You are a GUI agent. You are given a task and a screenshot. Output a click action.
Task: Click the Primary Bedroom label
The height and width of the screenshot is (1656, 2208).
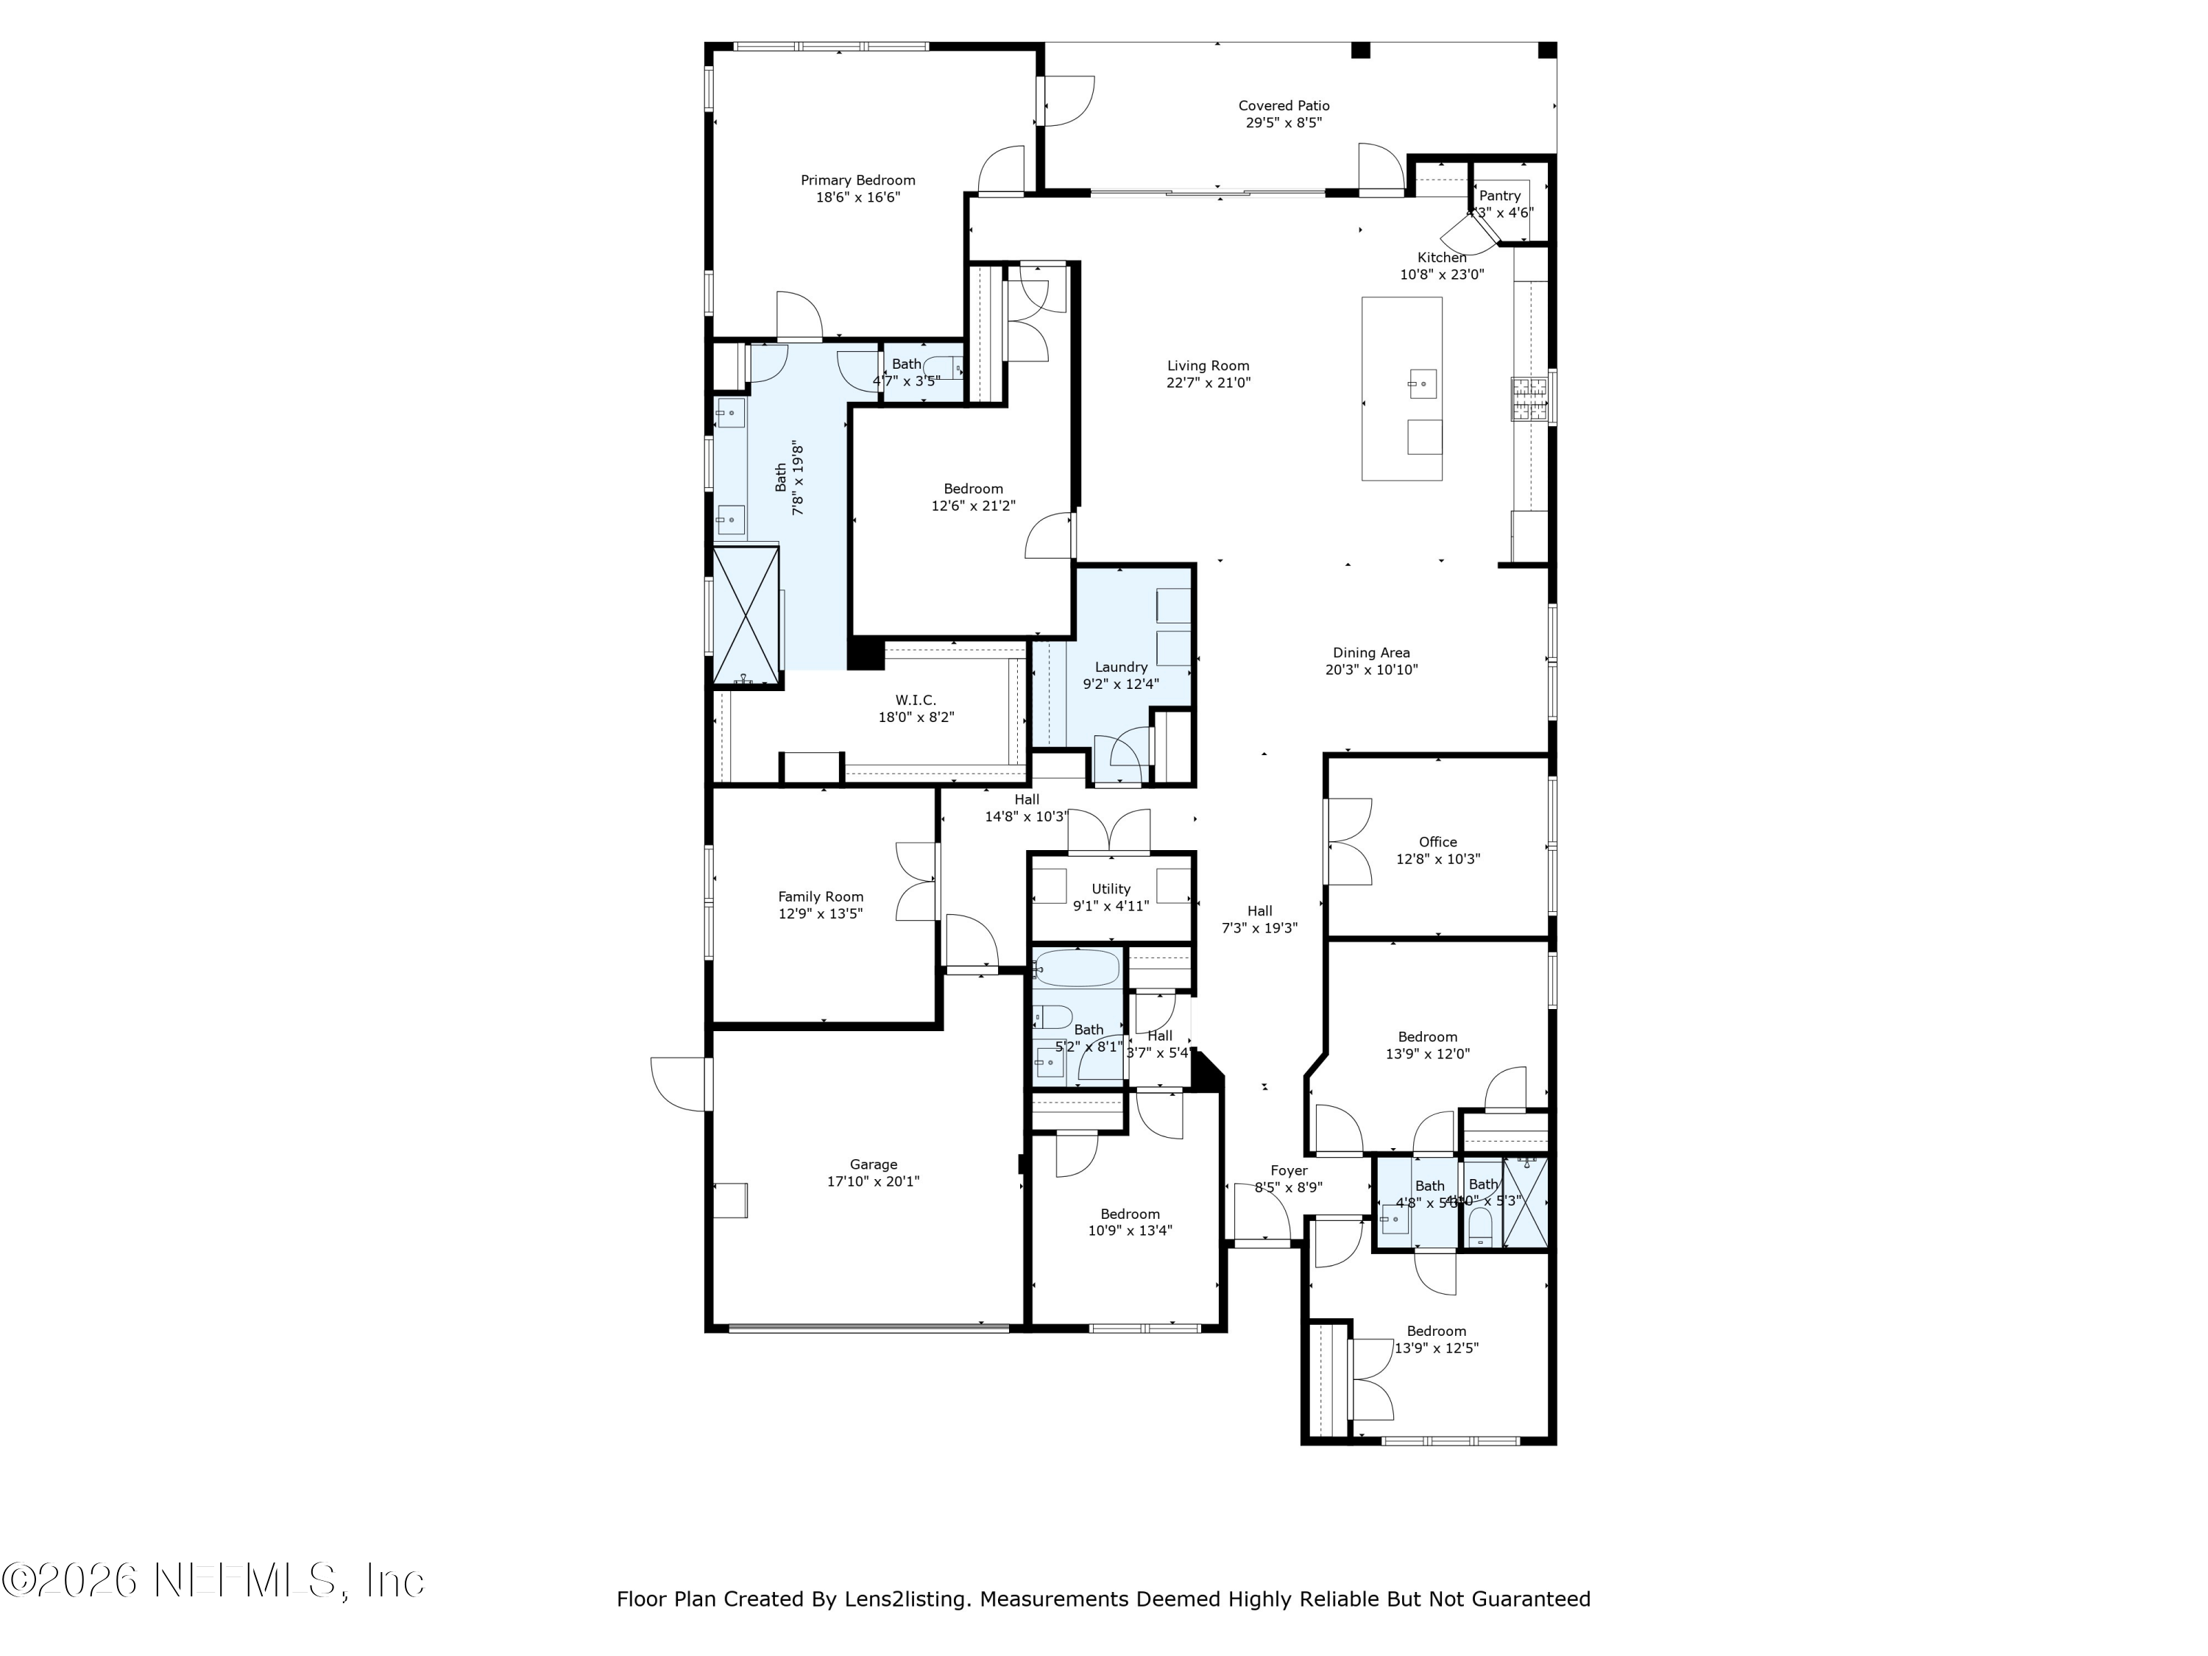pos(857,180)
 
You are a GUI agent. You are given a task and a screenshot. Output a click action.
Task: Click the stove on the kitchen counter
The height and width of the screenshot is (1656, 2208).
pos(1528,399)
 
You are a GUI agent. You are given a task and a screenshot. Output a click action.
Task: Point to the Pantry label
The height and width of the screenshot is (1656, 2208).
pos(1499,196)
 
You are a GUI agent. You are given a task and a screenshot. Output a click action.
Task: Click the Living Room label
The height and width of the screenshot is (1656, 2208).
pos(1208,365)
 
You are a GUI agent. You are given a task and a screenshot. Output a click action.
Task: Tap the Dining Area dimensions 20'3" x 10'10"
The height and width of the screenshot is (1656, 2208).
pos(1370,670)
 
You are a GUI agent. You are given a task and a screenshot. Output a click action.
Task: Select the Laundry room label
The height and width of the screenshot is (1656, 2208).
pos(1121,667)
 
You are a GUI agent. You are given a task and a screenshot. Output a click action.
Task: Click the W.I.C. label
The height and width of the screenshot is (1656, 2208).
pos(916,700)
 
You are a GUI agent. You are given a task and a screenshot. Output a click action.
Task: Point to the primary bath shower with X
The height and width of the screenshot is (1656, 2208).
pos(745,616)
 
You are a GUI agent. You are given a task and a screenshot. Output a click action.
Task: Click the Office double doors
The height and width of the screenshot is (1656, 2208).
pos(1348,841)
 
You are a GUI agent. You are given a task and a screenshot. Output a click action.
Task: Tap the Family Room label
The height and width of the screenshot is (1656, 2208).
pos(821,896)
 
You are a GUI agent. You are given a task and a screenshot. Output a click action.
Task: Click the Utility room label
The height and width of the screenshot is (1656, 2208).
pos(1110,888)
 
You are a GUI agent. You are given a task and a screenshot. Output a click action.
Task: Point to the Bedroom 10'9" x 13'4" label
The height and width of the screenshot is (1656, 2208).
pos(1130,1214)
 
